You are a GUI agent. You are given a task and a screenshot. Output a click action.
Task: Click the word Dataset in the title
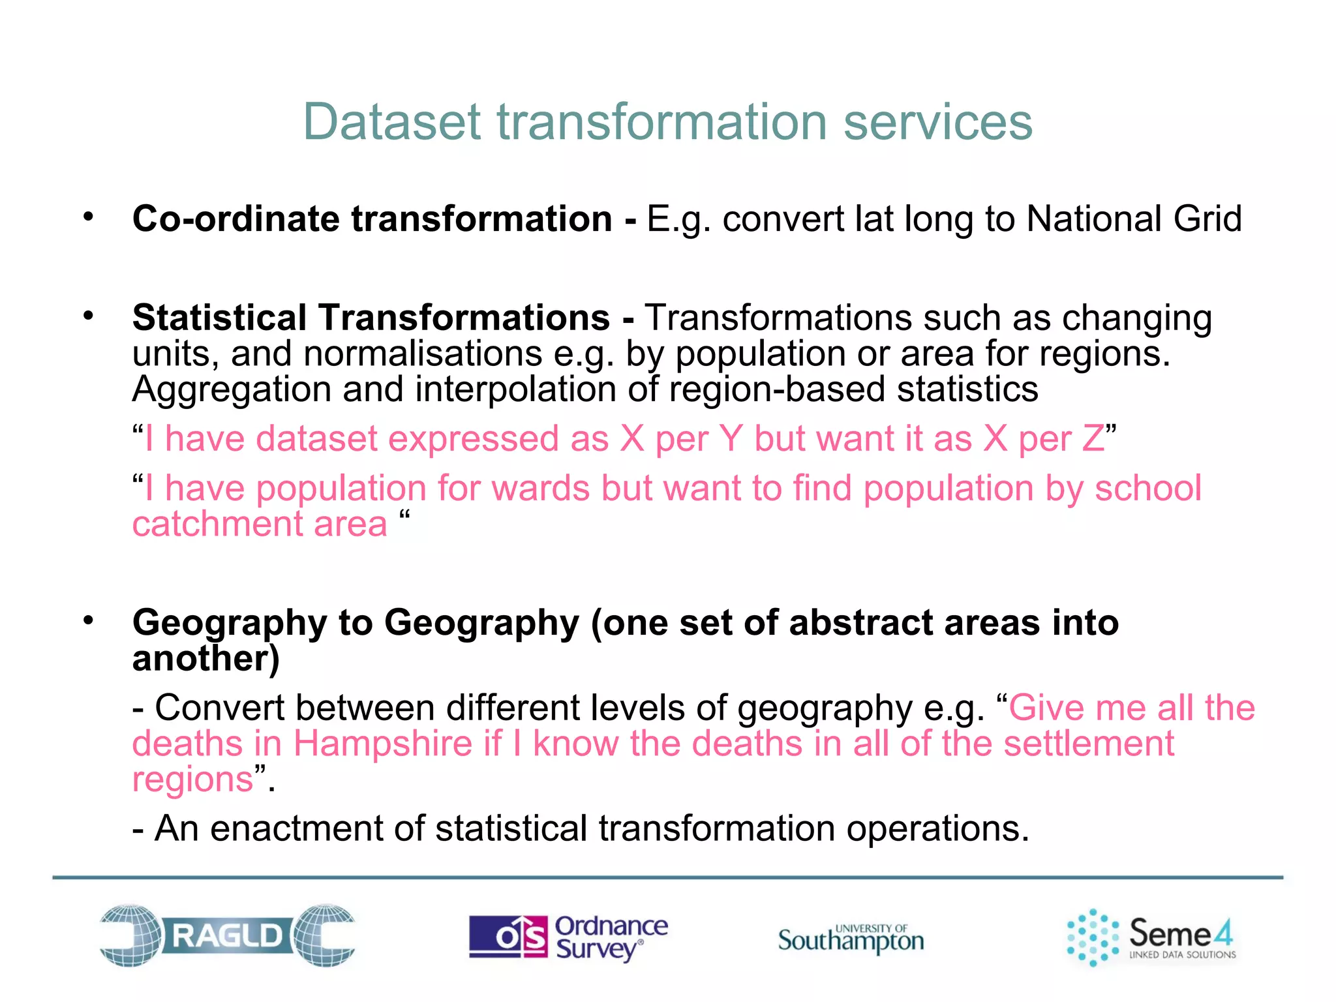click(x=392, y=122)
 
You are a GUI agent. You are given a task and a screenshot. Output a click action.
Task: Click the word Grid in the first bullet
click(x=1207, y=219)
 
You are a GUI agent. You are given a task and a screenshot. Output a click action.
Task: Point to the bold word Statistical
click(x=219, y=318)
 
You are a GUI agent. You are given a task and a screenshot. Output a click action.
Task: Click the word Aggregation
click(x=231, y=389)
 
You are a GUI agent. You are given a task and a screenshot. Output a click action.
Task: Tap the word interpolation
click(x=515, y=389)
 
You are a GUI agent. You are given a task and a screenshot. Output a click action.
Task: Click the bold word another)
click(x=206, y=658)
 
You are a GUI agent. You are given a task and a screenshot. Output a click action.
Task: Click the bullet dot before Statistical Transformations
click(x=89, y=316)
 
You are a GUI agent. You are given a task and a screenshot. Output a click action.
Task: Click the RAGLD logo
click(x=227, y=935)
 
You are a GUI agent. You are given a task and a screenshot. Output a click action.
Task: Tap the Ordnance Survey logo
click(x=568, y=937)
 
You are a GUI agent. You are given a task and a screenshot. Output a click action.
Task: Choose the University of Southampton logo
click(x=851, y=939)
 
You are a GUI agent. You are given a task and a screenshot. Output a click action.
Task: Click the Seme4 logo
click(x=1151, y=937)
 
